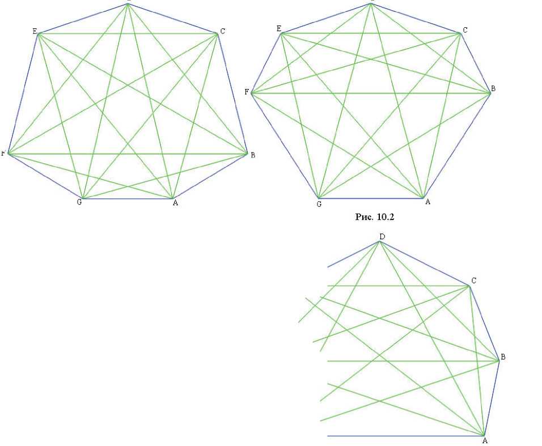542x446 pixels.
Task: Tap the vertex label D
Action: point(383,236)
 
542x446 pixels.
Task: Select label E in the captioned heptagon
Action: point(278,28)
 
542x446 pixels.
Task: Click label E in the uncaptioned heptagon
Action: point(34,31)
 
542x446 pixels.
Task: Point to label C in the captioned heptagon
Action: point(465,29)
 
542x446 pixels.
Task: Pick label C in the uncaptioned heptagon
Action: point(222,32)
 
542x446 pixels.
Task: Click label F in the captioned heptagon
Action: point(247,91)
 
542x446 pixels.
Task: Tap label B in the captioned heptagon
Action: point(493,89)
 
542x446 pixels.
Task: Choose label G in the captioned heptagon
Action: point(319,203)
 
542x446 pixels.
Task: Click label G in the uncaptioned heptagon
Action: point(79,203)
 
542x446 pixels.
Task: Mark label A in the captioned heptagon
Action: point(427,202)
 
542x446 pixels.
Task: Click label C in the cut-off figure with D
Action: point(473,281)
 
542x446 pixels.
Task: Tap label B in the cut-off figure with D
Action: point(503,357)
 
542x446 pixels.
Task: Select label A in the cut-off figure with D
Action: point(484,440)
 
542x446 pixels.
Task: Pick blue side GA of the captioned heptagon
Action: point(370,198)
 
